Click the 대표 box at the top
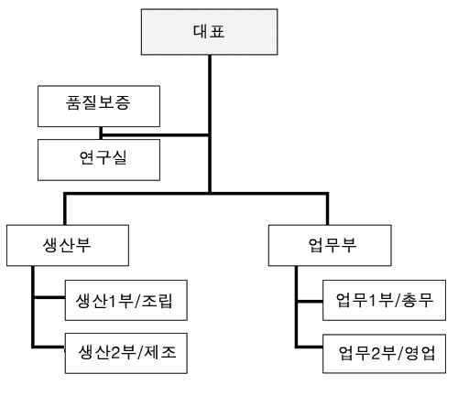point(209,32)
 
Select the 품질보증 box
point(99,106)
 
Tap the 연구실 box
point(99,160)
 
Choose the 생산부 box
point(68,245)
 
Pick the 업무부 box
point(330,245)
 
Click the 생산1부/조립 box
point(126,300)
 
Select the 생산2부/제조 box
point(126,353)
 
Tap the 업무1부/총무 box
point(384,300)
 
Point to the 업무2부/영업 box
point(384,354)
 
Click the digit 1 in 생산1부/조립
point(113,301)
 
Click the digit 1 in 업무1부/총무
point(373,301)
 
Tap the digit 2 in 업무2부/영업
point(376,354)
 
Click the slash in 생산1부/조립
point(136,301)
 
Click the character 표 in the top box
point(217,31)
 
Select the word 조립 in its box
point(157,301)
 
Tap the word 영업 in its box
point(420,354)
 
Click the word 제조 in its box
point(160,353)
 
